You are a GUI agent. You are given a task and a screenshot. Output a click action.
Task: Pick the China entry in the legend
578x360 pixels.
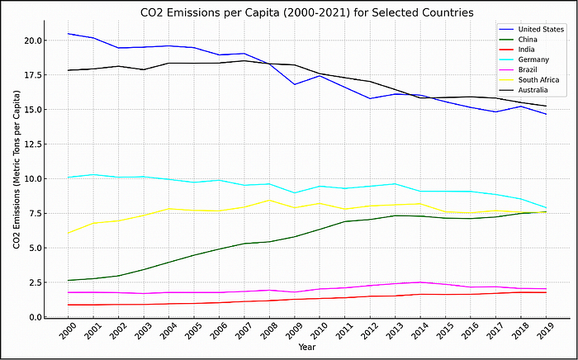pos(528,39)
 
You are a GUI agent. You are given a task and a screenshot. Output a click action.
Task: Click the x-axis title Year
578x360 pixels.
pos(306,348)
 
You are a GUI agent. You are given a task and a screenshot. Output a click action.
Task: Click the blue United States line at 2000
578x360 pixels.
pos(68,34)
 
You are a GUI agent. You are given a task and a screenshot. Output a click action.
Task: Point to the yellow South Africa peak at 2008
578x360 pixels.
pos(268,200)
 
